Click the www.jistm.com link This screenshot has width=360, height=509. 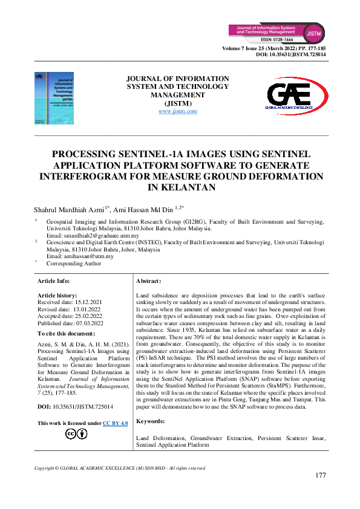177,111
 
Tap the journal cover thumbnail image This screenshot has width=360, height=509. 50,97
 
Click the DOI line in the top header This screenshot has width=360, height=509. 291,54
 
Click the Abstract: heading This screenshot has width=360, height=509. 149,282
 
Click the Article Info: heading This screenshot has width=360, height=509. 54,281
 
